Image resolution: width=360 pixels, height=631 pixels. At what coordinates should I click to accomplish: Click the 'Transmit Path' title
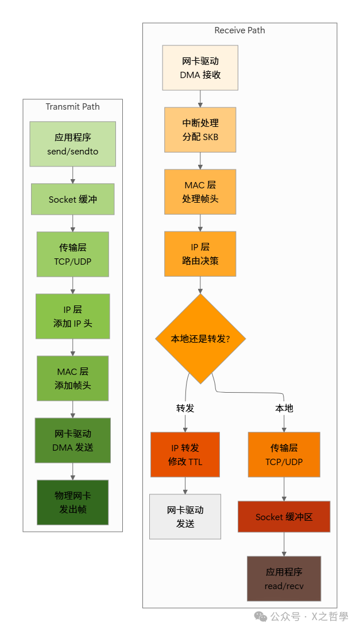pyautogui.click(x=72, y=107)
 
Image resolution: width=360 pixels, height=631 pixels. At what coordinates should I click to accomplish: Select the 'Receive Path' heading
pyautogui.click(x=239, y=30)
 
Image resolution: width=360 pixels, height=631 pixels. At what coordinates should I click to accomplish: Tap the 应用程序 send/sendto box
pyautogui.click(x=73, y=144)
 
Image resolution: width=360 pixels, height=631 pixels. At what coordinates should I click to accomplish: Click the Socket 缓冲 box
pyautogui.click(x=73, y=199)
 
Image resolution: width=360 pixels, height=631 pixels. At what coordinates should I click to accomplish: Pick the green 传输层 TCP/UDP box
pyautogui.click(x=73, y=254)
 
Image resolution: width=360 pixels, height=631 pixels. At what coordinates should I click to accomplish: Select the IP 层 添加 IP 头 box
pyautogui.click(x=73, y=316)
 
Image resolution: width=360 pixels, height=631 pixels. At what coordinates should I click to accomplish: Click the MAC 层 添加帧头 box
pyautogui.click(x=73, y=378)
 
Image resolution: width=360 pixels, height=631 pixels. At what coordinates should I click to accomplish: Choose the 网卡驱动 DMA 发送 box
pyautogui.click(x=73, y=440)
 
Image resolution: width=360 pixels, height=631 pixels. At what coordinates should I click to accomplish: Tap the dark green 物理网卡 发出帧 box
pyautogui.click(x=73, y=502)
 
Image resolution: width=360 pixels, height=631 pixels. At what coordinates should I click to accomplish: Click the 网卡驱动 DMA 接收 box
pyautogui.click(x=200, y=68)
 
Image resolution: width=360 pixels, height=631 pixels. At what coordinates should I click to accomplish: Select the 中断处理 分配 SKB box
pyautogui.click(x=200, y=130)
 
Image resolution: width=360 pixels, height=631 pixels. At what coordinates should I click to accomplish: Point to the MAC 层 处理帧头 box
pyautogui.click(x=200, y=192)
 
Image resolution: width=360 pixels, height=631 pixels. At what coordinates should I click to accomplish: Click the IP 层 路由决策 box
pyautogui.click(x=200, y=254)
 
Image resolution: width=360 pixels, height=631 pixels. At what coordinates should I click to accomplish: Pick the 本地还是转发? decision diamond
pyautogui.click(x=200, y=339)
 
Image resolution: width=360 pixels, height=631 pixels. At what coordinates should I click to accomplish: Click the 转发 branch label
pyautogui.click(x=185, y=408)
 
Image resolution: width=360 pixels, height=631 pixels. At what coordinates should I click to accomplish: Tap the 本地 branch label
pyautogui.click(x=284, y=408)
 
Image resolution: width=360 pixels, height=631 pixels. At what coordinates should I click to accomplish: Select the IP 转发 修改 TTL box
pyautogui.click(x=185, y=455)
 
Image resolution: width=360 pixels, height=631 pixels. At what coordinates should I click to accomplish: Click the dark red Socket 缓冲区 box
pyautogui.click(x=284, y=517)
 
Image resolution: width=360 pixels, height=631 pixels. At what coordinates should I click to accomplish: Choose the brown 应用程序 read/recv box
pyautogui.click(x=284, y=578)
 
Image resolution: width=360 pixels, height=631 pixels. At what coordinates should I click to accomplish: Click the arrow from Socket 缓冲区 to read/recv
pyautogui.click(x=284, y=544)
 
